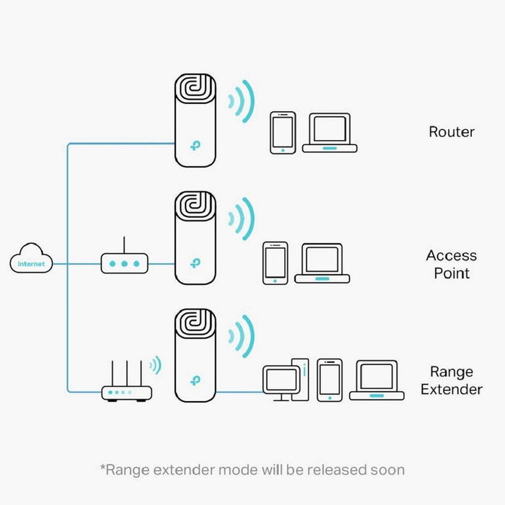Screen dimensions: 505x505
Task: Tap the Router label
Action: [x=452, y=132]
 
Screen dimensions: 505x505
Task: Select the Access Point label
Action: [x=452, y=264]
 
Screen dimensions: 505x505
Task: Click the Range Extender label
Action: [x=452, y=381]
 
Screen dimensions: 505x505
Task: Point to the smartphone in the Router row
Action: [x=283, y=132]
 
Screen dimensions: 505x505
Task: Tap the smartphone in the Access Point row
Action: [x=276, y=262]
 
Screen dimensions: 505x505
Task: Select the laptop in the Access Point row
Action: [x=322, y=263]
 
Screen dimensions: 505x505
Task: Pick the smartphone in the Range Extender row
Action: [x=330, y=379]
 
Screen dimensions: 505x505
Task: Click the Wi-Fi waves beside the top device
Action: [x=241, y=100]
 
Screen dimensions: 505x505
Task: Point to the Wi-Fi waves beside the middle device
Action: [x=241, y=217]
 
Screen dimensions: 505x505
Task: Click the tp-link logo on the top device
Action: [x=195, y=145]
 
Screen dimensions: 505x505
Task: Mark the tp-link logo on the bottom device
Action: [x=195, y=379]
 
